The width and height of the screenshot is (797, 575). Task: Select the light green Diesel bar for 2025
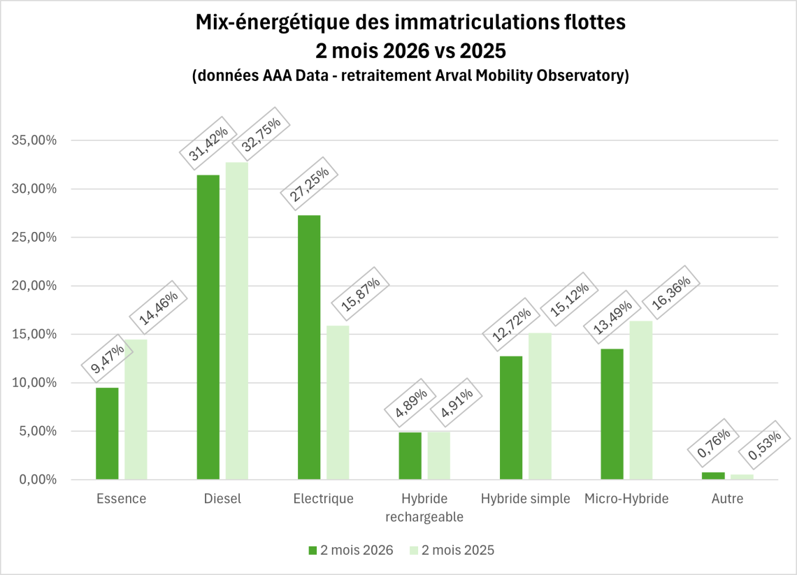click(x=236, y=321)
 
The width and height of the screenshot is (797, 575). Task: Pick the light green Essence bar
click(x=136, y=409)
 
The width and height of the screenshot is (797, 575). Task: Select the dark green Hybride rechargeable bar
click(x=410, y=456)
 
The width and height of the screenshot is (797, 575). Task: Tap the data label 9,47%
click(x=106, y=358)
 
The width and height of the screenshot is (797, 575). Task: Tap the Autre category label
click(x=727, y=499)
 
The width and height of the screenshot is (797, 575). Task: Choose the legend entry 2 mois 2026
click(x=350, y=550)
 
